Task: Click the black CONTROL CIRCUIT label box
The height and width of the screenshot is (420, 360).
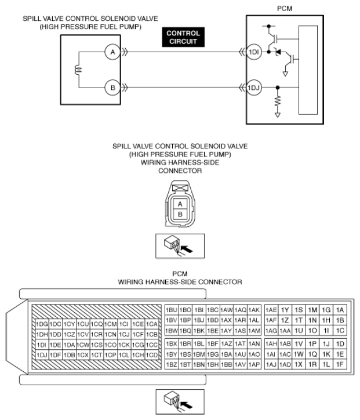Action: click(183, 37)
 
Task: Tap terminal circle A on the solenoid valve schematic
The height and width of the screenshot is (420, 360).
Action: click(112, 52)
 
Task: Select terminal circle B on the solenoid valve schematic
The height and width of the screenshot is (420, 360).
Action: click(112, 88)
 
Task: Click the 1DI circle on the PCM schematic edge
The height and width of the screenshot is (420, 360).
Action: click(254, 52)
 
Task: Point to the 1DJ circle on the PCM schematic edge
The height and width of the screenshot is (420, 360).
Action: click(254, 88)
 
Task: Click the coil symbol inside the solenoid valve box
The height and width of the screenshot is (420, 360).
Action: click(78, 70)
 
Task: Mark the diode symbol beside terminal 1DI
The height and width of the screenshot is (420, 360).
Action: click(278, 52)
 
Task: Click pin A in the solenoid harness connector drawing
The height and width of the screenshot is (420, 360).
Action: click(180, 204)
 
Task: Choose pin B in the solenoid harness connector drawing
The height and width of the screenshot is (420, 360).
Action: click(180, 214)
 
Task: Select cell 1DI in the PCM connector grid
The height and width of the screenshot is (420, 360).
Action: click(42, 345)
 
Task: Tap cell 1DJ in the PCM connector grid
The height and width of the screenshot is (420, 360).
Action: click(42, 355)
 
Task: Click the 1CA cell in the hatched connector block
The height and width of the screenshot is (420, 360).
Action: click(152, 324)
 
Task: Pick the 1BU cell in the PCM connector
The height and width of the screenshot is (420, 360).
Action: click(172, 310)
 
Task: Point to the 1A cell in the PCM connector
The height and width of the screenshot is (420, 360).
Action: click(340, 310)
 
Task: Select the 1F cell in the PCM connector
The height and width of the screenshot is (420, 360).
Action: click(340, 364)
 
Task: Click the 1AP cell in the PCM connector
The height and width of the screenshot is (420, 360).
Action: click(254, 364)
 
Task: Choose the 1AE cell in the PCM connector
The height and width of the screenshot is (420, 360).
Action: click(271, 310)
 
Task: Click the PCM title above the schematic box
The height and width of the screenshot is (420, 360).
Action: click(285, 9)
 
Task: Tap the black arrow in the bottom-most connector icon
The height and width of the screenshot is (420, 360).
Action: click(187, 405)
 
